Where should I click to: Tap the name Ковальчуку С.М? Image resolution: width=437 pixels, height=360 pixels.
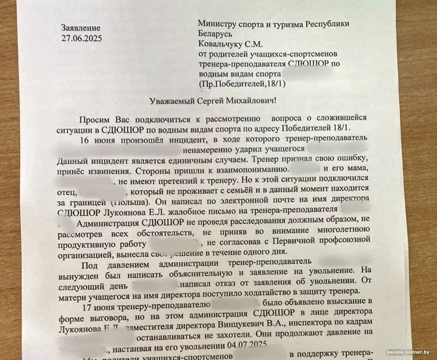point(229,44)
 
